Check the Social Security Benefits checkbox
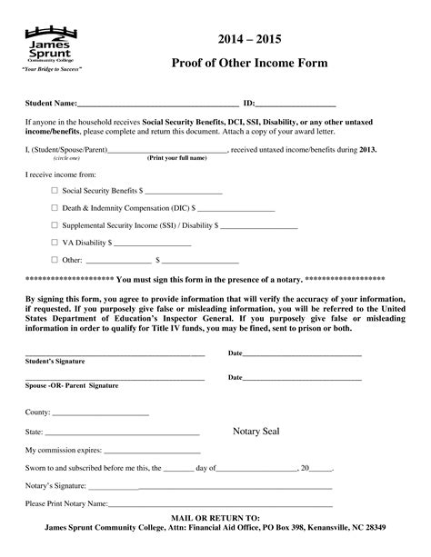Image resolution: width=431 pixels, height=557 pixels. (x=54, y=191)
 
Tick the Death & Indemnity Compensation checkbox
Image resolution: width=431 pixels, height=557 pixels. (x=54, y=208)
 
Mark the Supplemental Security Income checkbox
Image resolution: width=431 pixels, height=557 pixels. (x=54, y=225)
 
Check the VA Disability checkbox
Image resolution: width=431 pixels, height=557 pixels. (x=54, y=243)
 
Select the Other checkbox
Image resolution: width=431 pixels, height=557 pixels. (x=54, y=260)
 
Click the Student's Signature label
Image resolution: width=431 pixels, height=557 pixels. (x=55, y=361)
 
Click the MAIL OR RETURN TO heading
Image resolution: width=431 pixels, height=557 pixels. (x=215, y=516)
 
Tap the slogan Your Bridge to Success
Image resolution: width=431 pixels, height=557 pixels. (x=53, y=70)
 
